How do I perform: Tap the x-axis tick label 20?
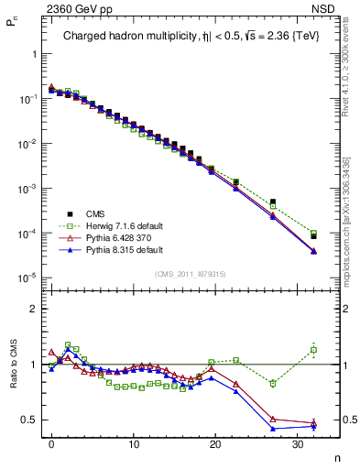[215, 443]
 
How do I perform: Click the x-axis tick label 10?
[134, 443]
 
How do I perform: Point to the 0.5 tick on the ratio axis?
[30, 420]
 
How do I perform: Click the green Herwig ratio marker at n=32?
[313, 349]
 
